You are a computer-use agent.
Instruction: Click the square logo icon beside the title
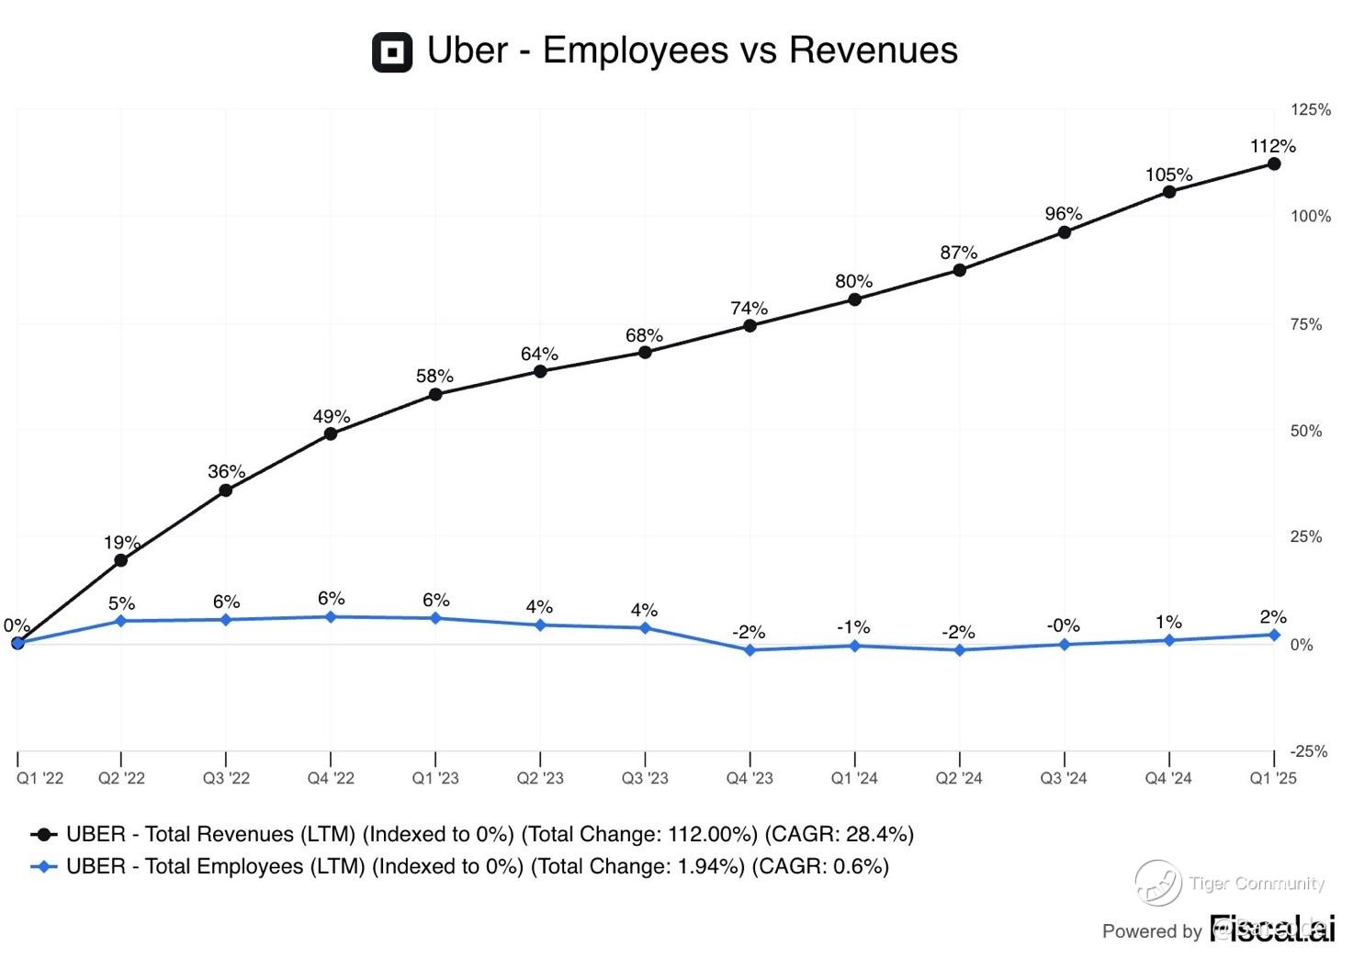[x=392, y=51]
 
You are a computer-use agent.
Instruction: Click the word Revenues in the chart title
[x=873, y=50]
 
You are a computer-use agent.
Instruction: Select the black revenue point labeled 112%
[x=1274, y=163]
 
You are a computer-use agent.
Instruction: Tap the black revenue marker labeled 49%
[x=331, y=434]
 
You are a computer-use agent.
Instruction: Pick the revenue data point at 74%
[x=750, y=325]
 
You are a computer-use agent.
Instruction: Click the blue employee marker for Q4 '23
[x=750, y=650]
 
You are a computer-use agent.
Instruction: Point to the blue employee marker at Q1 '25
[x=1274, y=635]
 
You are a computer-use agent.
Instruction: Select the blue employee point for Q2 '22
[x=121, y=621]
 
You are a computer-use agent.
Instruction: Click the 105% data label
[x=1168, y=175]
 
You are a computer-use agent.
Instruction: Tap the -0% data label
[x=1063, y=626]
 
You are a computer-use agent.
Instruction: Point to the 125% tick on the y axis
[x=1310, y=109]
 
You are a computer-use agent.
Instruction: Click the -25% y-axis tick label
[x=1309, y=751]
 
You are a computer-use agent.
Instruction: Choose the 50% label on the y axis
[x=1305, y=431]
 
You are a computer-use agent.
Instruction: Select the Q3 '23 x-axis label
[x=645, y=778]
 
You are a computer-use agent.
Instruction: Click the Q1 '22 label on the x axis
[x=40, y=778]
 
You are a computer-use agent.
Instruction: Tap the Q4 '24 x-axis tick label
[x=1167, y=778]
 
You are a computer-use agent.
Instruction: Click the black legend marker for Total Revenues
[x=44, y=835]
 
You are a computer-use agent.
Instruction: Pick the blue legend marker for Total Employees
[x=44, y=866]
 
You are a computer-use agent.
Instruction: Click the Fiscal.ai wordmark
[x=1271, y=929]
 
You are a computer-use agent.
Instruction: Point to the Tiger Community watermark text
[x=1256, y=884]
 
